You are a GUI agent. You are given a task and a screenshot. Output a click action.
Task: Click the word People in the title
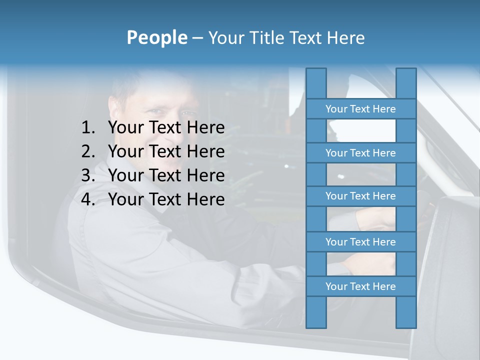pos(156,37)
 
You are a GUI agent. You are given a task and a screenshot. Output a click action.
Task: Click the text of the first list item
pos(166,127)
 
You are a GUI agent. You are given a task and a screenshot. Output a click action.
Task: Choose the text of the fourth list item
pos(166,199)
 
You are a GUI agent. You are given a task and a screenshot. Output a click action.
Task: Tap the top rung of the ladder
pos(360,109)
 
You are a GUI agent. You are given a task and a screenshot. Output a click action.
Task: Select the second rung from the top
pos(360,153)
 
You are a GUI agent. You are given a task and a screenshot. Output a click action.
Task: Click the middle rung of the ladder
pos(360,196)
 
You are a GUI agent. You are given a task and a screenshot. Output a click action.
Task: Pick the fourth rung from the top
pos(360,242)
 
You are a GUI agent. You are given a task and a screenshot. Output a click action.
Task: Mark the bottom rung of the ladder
pos(360,286)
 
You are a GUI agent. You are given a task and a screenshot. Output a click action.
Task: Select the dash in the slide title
pos(197,38)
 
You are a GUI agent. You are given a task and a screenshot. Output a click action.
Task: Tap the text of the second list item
pos(166,151)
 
